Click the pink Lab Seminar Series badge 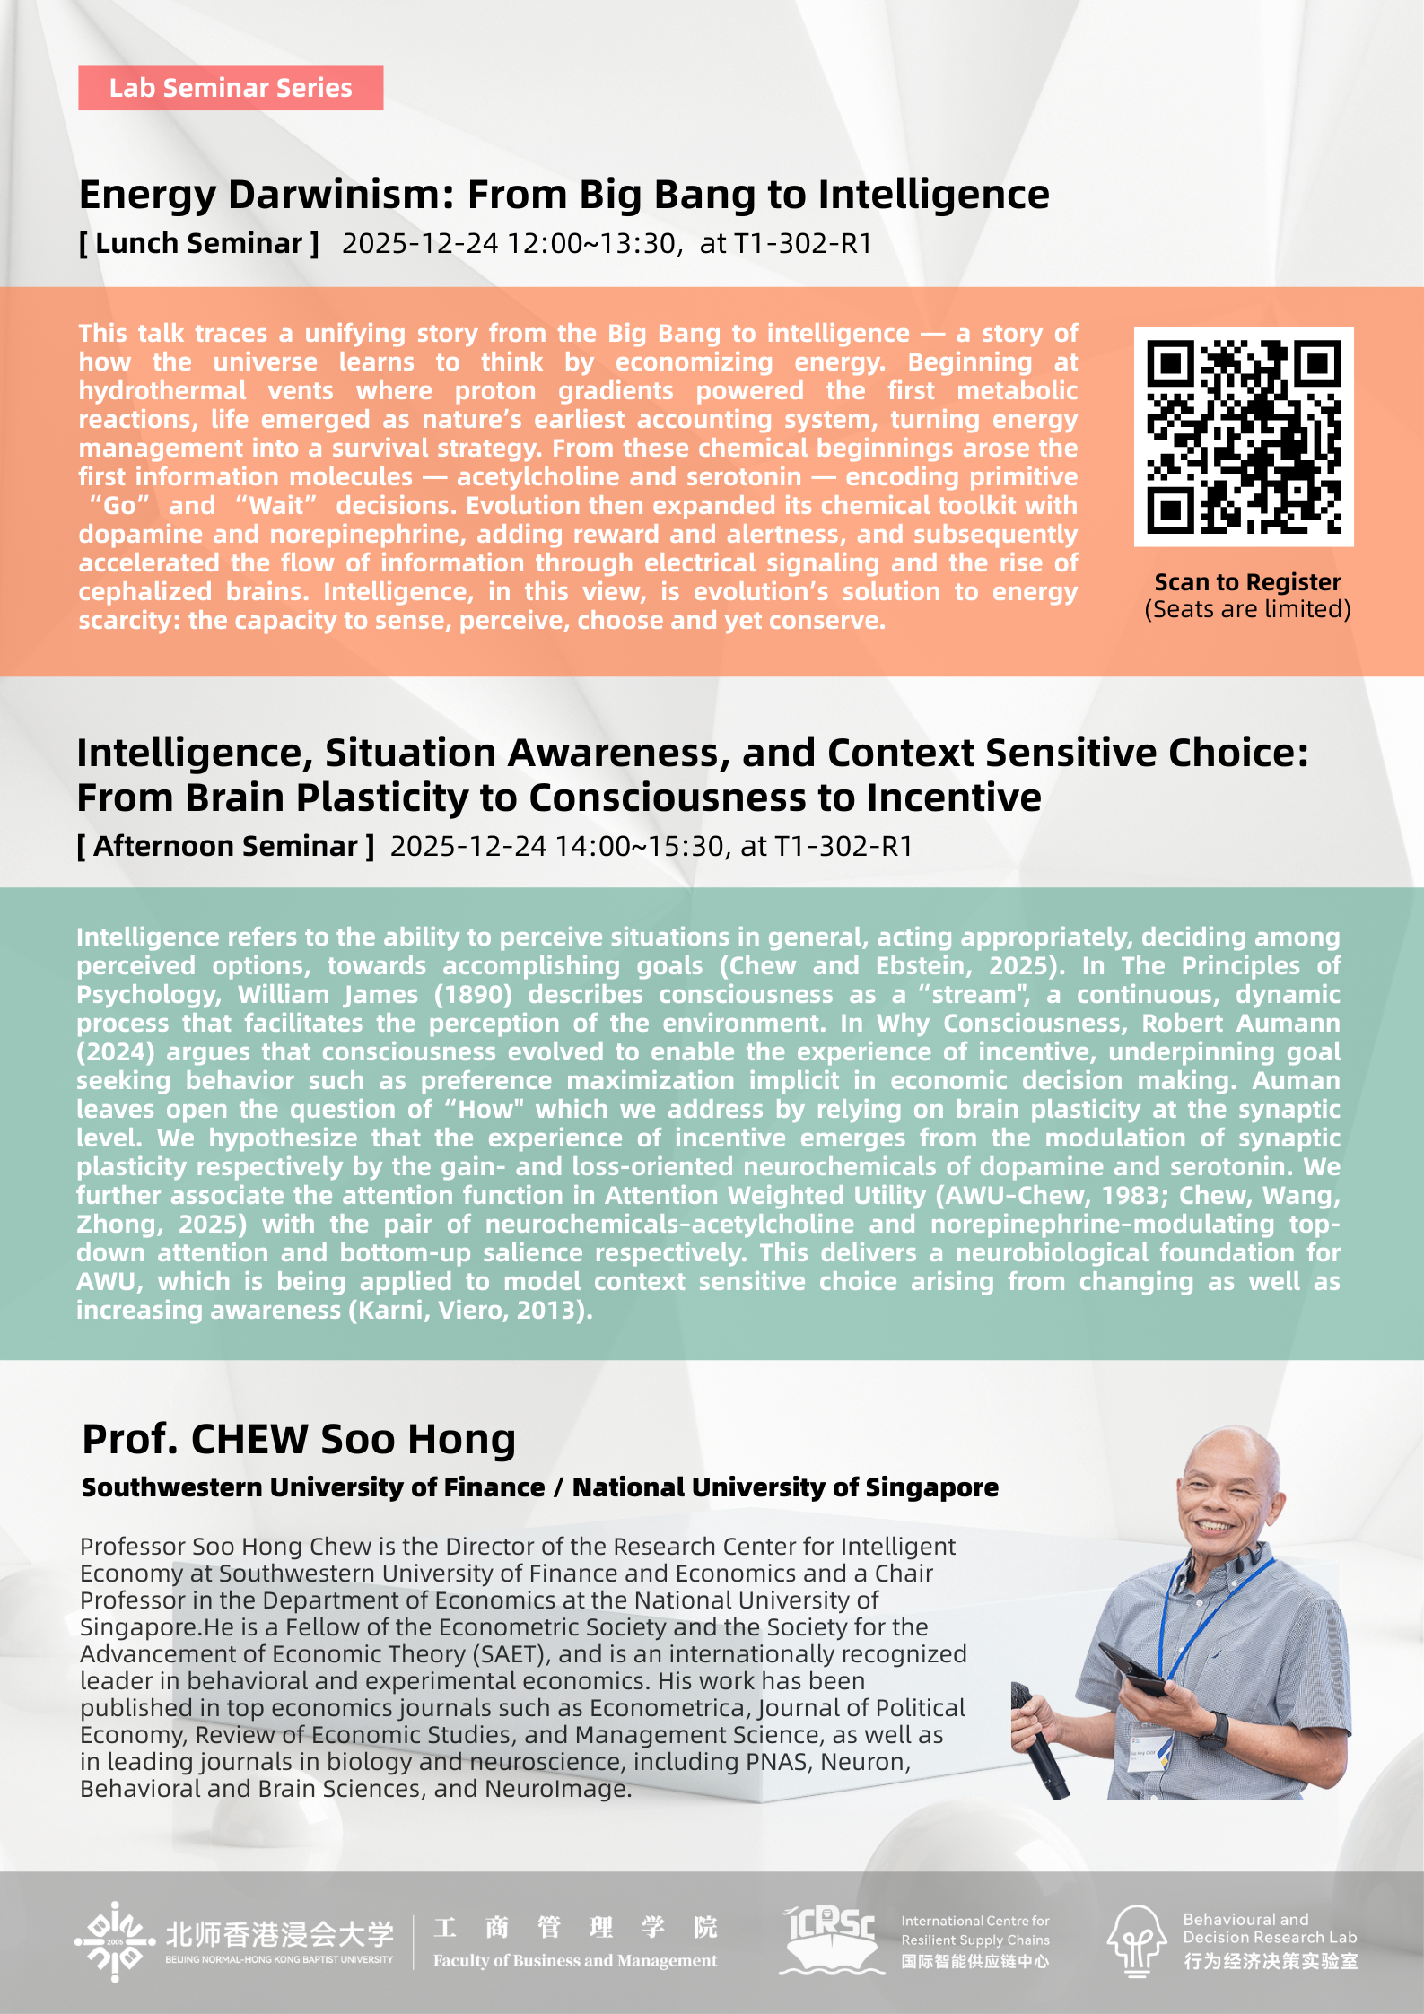pos(231,88)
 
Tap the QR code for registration pos(1244,437)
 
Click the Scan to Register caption pos(1247,582)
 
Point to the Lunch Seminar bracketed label pos(199,243)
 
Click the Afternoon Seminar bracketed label pos(225,846)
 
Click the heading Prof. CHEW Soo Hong pos(299,1439)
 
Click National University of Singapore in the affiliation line pos(785,1487)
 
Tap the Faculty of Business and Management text pos(574,1961)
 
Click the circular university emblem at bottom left pos(115,1940)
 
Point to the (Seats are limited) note pos(1247,609)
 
